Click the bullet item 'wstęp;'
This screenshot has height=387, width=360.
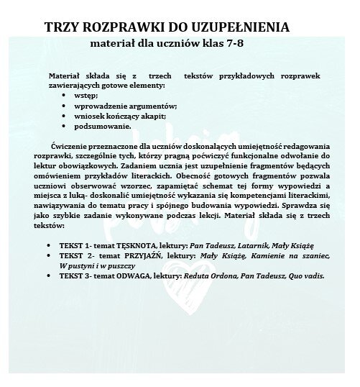85,94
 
